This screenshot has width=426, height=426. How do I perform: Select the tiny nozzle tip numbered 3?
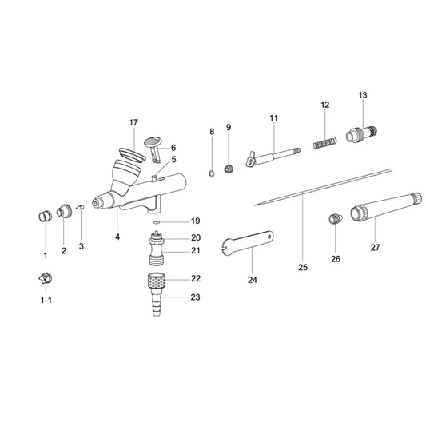pyautogui.click(x=81, y=209)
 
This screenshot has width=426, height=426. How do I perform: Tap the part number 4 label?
pyautogui.click(x=117, y=237)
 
